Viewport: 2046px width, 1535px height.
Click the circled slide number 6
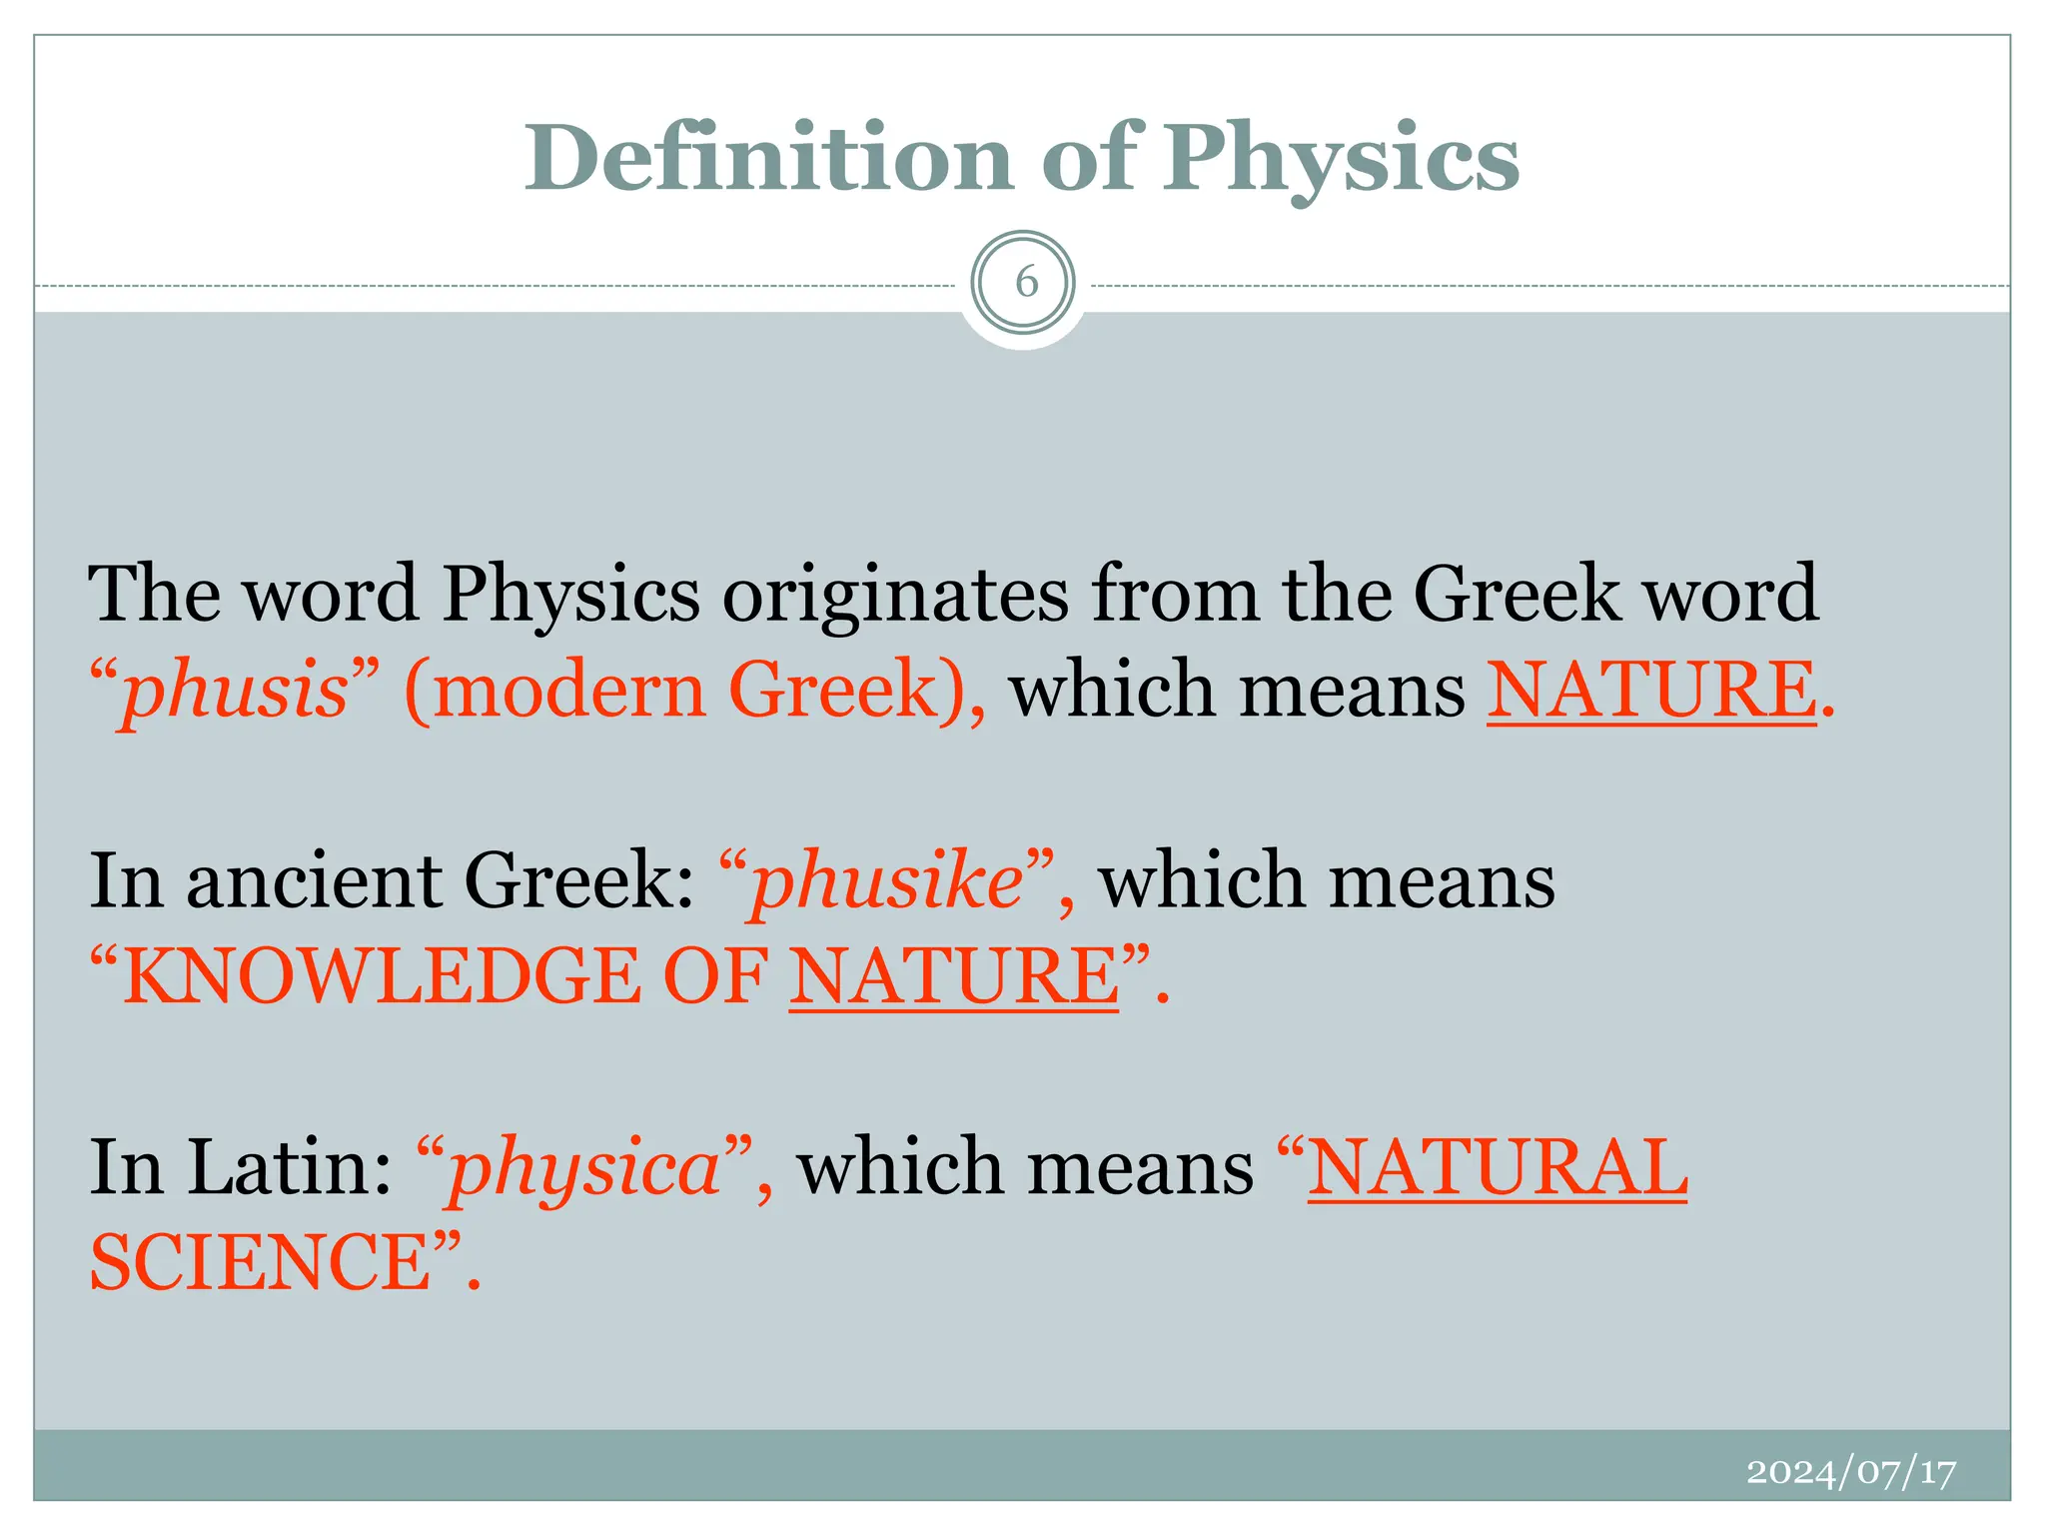click(1025, 284)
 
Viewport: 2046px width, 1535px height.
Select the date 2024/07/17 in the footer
click(1850, 1472)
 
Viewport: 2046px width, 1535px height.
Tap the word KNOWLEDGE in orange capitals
click(381, 976)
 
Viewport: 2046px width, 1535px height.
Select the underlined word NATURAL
click(1498, 1167)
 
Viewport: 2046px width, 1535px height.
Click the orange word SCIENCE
click(260, 1262)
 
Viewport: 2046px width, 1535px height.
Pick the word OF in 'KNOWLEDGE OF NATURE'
click(715, 976)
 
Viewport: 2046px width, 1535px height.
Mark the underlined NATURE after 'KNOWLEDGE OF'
click(954, 976)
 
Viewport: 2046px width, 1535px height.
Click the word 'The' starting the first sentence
click(154, 595)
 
